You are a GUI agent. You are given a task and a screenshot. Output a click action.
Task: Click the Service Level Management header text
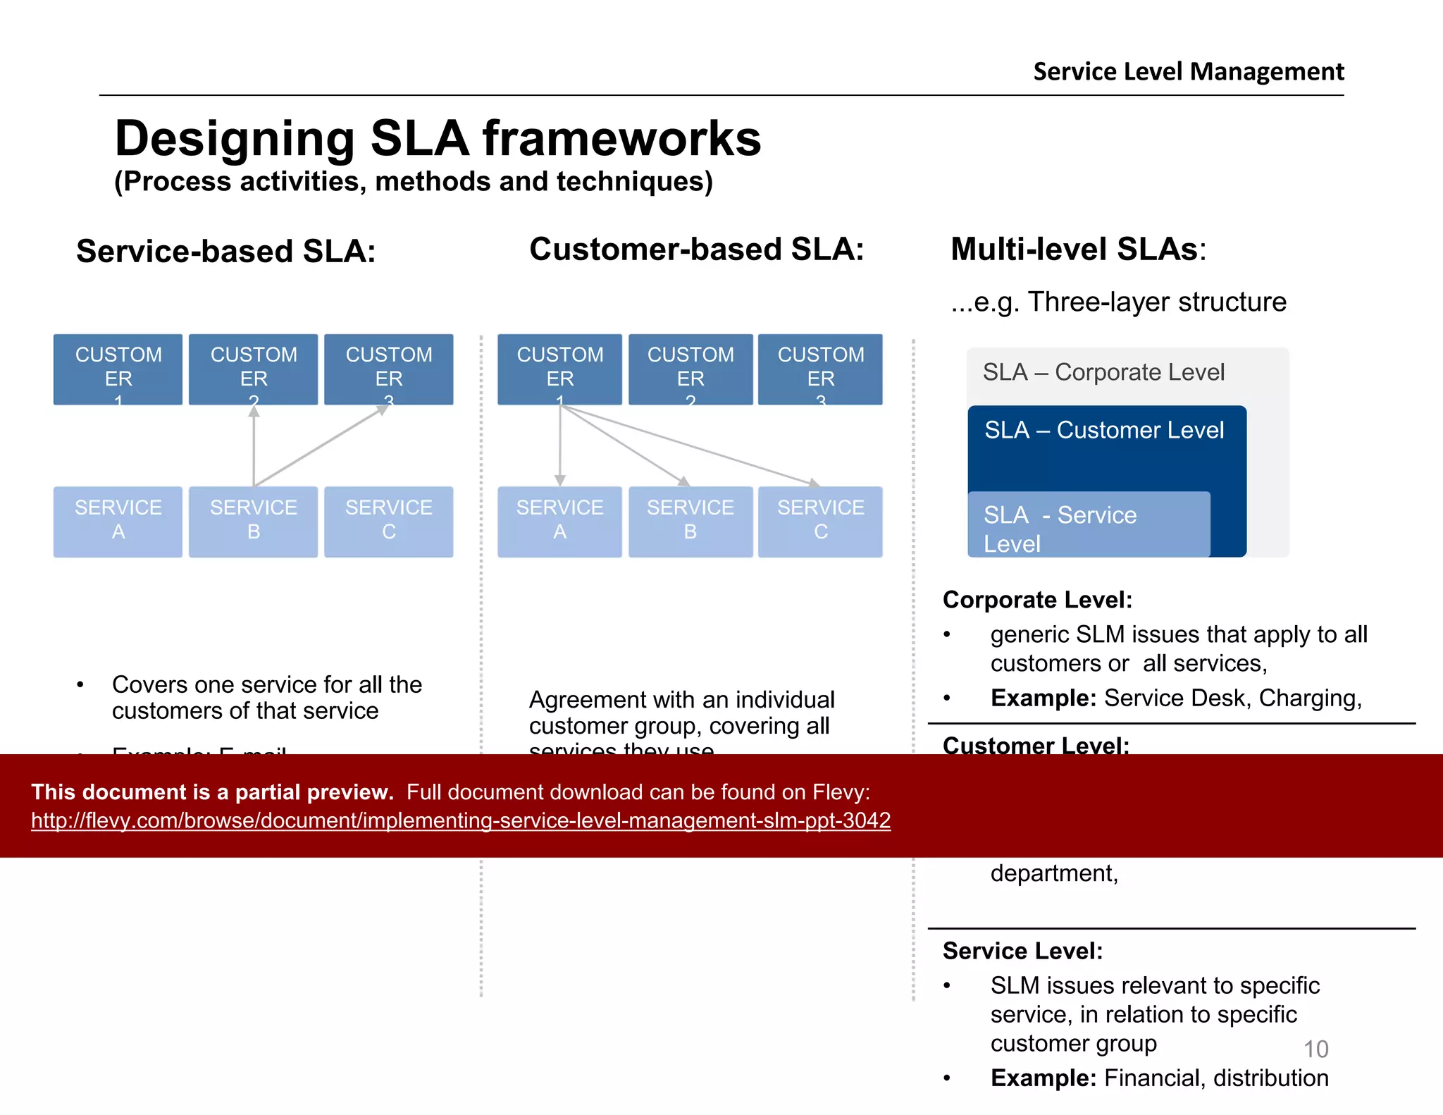click(x=1188, y=72)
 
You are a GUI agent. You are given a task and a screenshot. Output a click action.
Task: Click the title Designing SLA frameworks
click(x=438, y=138)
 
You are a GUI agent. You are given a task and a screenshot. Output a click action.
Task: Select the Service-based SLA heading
click(x=225, y=252)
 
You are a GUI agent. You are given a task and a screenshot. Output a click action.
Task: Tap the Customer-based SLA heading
click(x=696, y=250)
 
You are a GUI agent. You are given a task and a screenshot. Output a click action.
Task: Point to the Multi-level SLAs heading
click(x=1077, y=250)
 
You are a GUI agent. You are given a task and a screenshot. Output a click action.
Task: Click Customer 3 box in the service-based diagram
click(x=388, y=369)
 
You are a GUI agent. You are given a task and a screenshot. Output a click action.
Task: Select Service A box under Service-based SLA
click(x=118, y=521)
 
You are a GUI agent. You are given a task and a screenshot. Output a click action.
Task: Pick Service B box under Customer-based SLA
click(x=690, y=521)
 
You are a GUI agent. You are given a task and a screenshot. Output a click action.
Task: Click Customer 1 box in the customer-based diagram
click(x=559, y=369)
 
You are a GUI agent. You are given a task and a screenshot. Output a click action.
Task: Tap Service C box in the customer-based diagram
click(x=820, y=521)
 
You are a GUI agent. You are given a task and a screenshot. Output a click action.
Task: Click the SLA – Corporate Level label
click(x=1103, y=372)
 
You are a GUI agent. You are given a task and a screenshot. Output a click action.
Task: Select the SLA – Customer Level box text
click(x=1103, y=430)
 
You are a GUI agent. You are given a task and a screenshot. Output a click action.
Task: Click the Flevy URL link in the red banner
click(x=461, y=820)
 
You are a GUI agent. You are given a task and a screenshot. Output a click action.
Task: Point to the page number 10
click(x=1315, y=1049)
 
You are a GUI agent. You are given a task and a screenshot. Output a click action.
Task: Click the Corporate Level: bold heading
click(x=1037, y=600)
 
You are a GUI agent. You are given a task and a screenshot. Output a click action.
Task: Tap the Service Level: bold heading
click(x=1022, y=951)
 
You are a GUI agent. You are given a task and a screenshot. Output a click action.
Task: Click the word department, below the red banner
click(x=1053, y=873)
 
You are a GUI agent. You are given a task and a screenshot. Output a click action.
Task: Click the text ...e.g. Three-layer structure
click(x=1118, y=302)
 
